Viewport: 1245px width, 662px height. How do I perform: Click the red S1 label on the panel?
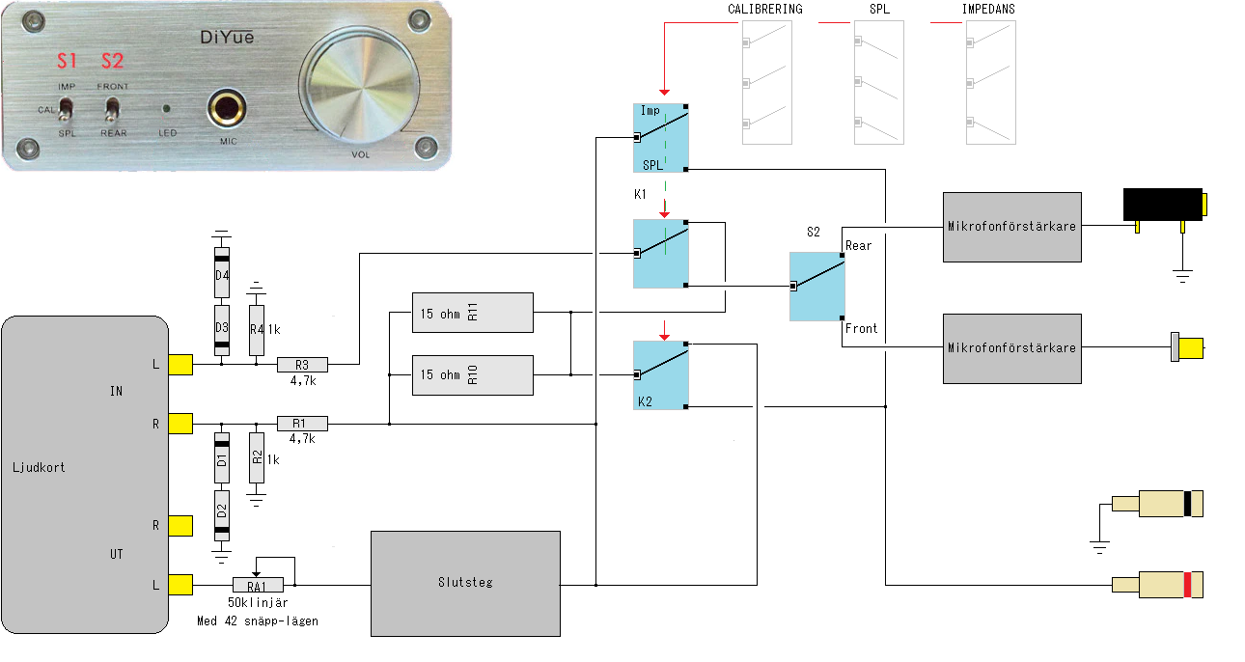pos(66,62)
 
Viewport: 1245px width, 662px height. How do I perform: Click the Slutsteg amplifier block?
pos(465,583)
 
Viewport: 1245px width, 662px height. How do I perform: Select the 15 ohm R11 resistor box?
pos(472,312)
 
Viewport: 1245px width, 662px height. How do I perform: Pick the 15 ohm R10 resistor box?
pos(472,374)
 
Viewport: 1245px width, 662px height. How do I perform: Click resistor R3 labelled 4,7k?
pos(302,365)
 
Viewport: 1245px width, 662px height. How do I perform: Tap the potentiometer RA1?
pos(258,585)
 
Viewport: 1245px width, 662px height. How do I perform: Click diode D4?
pos(222,274)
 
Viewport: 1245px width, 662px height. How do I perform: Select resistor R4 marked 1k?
pos(256,329)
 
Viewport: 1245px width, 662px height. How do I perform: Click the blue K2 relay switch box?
pos(660,374)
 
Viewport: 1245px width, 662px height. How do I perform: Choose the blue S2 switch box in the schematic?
pos(816,287)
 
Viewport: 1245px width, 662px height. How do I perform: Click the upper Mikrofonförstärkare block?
pos(1011,227)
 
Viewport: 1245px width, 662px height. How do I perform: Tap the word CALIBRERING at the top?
pos(765,10)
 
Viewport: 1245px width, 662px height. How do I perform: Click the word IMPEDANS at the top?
pos(988,10)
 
